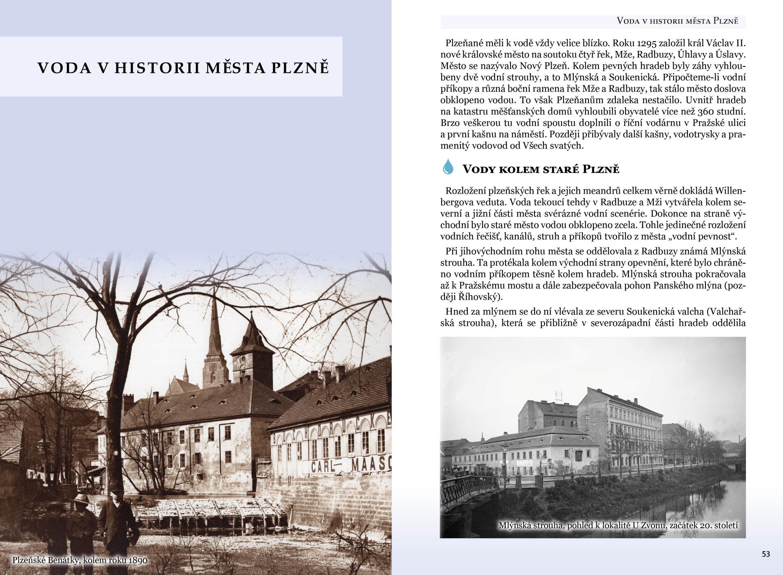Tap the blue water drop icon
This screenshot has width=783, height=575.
[x=448, y=167]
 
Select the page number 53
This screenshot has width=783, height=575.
[x=766, y=554]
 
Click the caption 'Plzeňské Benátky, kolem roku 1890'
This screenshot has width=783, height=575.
[x=80, y=560]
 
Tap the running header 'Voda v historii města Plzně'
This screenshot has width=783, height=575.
[x=677, y=21]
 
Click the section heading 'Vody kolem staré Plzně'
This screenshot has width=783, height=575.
[x=540, y=169]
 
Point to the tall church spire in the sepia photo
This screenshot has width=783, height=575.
[x=213, y=326]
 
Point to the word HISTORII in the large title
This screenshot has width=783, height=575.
[x=158, y=68]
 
